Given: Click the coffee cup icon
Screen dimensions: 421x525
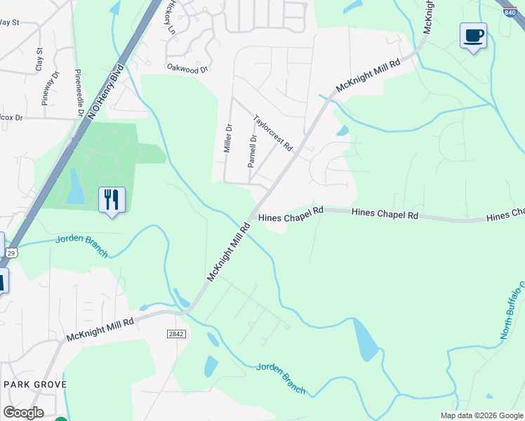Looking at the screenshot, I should [x=473, y=35].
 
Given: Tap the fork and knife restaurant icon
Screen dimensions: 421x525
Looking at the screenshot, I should [x=112, y=200].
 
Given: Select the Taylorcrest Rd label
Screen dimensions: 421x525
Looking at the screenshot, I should [x=272, y=133].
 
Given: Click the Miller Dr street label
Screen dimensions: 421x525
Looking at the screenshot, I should [x=227, y=139].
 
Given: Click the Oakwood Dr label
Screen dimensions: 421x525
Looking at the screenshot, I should [x=188, y=69].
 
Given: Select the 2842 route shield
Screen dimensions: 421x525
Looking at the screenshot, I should [x=176, y=334].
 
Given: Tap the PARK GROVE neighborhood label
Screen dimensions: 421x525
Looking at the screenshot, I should [x=35, y=385].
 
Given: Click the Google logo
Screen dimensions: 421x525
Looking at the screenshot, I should [x=23, y=413].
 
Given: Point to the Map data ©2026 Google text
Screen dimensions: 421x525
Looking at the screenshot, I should [x=481, y=415].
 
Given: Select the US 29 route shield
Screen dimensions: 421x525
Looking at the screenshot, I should [x=11, y=252].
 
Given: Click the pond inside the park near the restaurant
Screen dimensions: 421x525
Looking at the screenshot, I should [x=75, y=187].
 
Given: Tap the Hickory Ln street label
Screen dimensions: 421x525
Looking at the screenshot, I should [x=169, y=18].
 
